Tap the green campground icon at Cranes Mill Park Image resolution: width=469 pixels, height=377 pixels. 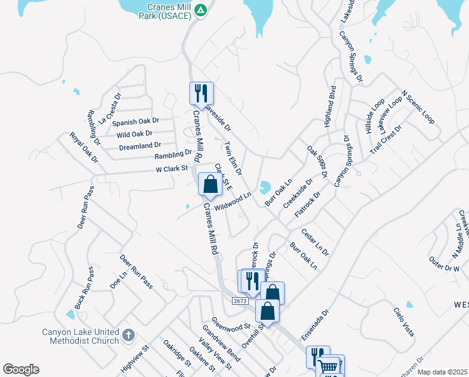pos(200,10)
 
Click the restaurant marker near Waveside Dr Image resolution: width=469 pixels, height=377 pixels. pos(201,93)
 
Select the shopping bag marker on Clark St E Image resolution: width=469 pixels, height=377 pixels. pos(210,184)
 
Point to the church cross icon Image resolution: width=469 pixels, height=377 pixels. pos(129,334)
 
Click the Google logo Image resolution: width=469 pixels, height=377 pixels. pos(21,369)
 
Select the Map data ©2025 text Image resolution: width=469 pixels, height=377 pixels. pos(442,372)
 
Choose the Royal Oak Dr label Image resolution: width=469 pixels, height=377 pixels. pos(84,147)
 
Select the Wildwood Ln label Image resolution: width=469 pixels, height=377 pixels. pos(233,201)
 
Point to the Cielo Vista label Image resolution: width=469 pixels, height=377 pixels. pos(404,321)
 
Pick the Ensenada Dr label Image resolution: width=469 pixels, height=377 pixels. pos(315,325)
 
